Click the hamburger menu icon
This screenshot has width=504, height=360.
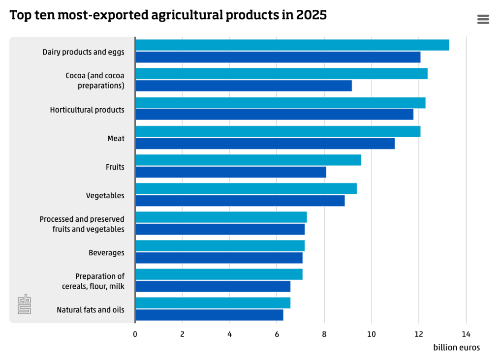click(x=483, y=19)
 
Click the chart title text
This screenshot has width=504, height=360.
click(x=168, y=15)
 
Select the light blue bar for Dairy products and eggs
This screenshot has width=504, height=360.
click(x=292, y=45)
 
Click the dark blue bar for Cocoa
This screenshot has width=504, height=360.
click(x=244, y=86)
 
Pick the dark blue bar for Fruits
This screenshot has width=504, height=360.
click(x=230, y=172)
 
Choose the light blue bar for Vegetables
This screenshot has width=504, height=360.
click(x=246, y=188)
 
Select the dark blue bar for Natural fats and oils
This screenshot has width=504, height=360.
click(x=209, y=315)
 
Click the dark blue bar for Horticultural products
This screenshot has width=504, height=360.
click(x=274, y=115)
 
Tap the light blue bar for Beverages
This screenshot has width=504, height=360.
click(x=220, y=245)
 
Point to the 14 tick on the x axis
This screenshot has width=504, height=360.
click(x=466, y=334)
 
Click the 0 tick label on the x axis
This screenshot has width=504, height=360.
click(x=135, y=334)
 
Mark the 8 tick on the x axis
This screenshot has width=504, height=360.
click(x=324, y=334)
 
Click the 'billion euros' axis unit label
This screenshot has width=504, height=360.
click(x=456, y=348)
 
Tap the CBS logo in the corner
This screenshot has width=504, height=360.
click(x=24, y=304)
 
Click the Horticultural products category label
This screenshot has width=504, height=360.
click(x=87, y=110)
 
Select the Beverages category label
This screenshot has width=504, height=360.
click(x=106, y=253)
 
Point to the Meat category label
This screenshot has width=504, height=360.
click(x=116, y=138)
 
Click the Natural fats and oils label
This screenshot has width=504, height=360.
click(x=91, y=310)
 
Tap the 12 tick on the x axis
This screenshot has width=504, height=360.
click(x=418, y=334)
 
